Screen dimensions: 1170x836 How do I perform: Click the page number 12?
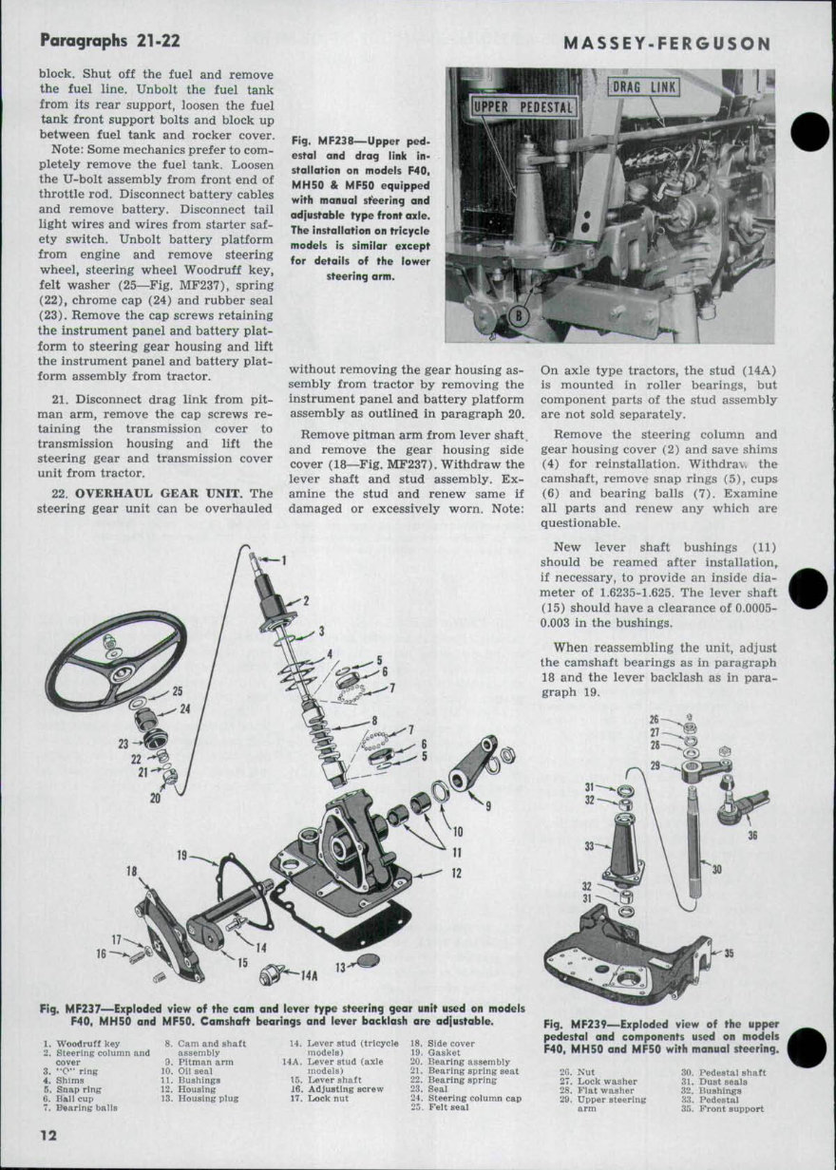pyautogui.click(x=50, y=1136)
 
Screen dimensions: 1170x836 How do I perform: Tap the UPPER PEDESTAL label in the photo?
pyautogui.click(x=522, y=106)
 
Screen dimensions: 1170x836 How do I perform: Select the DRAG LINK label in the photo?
pyautogui.click(x=644, y=88)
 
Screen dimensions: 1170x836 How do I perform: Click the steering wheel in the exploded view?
pyautogui.click(x=116, y=660)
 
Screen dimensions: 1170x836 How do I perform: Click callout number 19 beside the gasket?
pyautogui.click(x=183, y=856)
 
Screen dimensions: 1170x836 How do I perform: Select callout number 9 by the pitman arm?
pyautogui.click(x=487, y=806)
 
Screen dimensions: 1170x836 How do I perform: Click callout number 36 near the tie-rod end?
pyautogui.click(x=753, y=836)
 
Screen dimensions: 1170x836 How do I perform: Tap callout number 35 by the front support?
pyautogui.click(x=730, y=953)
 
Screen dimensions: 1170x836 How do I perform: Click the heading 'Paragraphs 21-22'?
pyautogui.click(x=110, y=41)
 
